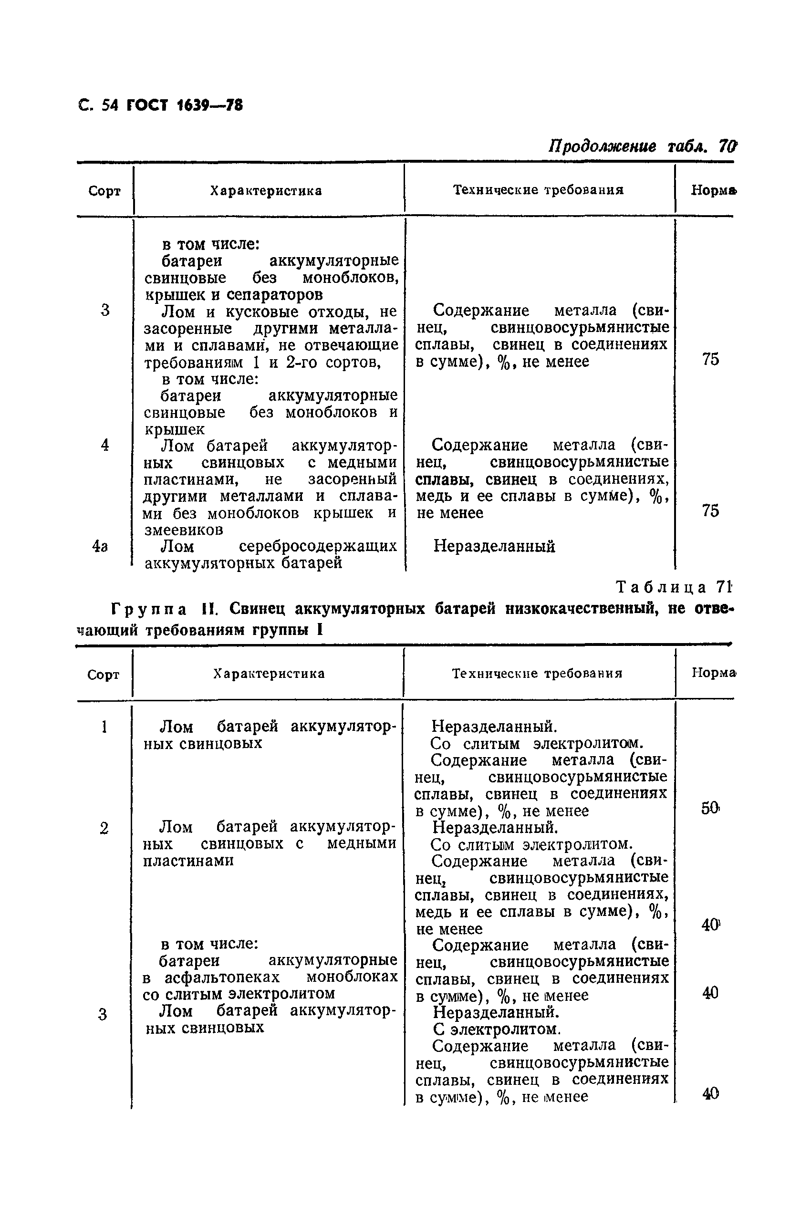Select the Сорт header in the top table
pos(104,191)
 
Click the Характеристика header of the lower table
pos(269,673)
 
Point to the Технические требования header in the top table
pos(539,190)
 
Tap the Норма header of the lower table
pos(713,672)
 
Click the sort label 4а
pos(100,547)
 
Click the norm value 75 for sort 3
pos(711,359)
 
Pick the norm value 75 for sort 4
pos(711,511)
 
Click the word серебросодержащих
pos(318,546)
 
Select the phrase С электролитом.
pos(497,1029)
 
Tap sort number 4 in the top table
pos(105,445)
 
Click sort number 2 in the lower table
pos(104,829)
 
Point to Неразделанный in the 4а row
pos(494,546)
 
